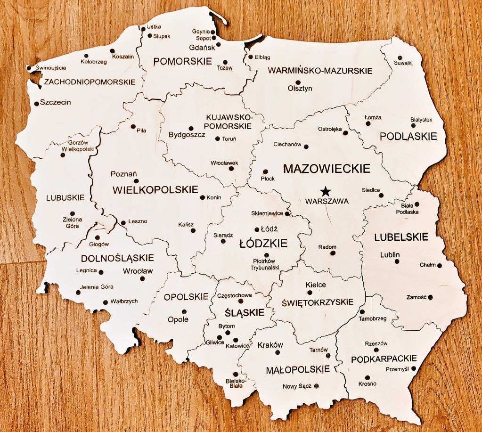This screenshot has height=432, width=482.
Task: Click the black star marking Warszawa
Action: (325, 191)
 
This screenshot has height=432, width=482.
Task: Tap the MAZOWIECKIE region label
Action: (327, 169)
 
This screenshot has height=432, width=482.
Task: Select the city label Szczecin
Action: (55, 102)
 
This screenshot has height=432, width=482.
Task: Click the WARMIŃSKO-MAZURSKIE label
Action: (320, 71)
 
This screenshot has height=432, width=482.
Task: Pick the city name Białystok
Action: (421, 120)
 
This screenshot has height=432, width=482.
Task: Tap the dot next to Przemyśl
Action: (414, 368)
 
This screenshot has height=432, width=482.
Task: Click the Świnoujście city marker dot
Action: (29, 68)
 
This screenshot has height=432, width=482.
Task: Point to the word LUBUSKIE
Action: (65, 197)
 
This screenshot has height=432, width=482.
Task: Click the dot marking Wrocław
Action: (142, 278)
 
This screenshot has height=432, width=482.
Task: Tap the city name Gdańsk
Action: (202, 48)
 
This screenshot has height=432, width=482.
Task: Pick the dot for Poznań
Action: (136, 181)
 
